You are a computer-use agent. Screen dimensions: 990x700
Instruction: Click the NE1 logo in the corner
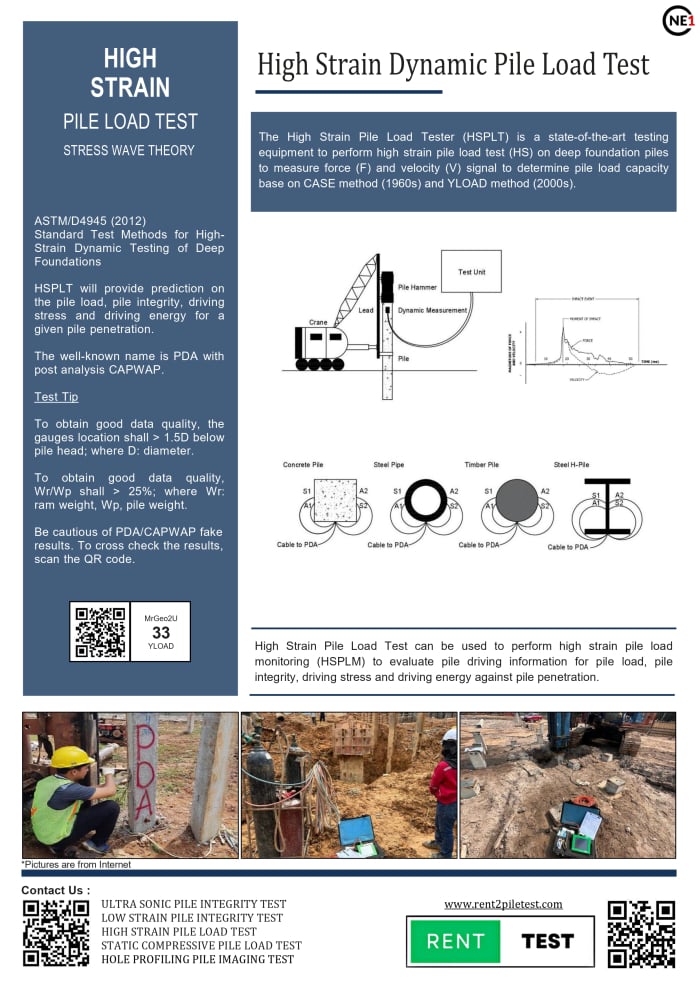click(678, 21)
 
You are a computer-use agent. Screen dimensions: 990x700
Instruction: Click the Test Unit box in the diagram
click(471, 272)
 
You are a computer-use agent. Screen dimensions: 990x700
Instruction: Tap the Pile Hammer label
click(416, 287)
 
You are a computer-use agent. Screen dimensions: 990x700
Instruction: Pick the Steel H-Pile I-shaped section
click(607, 504)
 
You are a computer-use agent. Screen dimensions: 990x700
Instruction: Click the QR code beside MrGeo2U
click(100, 631)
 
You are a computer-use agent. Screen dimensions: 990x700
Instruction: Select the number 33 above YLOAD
click(160, 633)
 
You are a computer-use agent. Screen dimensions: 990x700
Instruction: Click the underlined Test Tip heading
click(56, 397)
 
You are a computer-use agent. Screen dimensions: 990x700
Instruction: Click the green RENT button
click(455, 941)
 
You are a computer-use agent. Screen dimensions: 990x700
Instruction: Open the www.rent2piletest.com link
click(503, 904)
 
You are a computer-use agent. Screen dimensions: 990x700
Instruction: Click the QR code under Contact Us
click(57, 933)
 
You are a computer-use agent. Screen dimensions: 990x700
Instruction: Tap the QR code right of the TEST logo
click(641, 934)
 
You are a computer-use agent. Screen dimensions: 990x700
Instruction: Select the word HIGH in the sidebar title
click(130, 58)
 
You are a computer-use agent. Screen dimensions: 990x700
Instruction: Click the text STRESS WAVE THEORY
click(129, 150)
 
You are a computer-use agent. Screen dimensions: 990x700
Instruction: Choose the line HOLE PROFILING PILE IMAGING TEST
click(198, 959)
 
